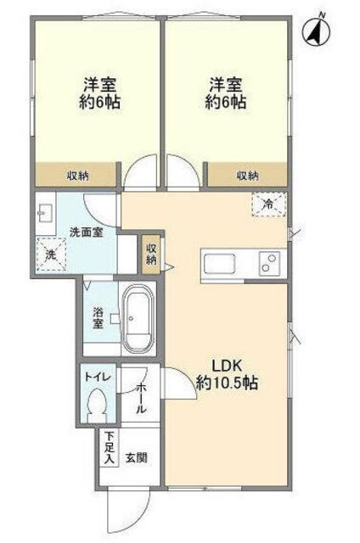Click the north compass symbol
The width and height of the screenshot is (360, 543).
click(x=316, y=31)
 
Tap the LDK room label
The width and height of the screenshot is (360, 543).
click(x=227, y=374)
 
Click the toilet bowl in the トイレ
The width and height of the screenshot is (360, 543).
click(x=96, y=406)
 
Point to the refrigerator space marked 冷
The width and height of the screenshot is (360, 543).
click(x=269, y=204)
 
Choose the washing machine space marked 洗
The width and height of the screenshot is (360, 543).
click(x=51, y=255)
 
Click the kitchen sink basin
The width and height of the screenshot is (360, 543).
click(x=219, y=264)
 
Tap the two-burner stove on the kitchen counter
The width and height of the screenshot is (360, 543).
click(x=269, y=263)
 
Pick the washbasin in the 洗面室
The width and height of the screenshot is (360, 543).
click(x=45, y=213)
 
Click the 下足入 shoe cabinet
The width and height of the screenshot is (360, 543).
click(x=110, y=448)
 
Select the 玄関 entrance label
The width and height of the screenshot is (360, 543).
click(x=137, y=458)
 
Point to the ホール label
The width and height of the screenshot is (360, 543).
click(x=141, y=398)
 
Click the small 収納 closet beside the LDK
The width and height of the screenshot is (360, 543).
click(x=151, y=255)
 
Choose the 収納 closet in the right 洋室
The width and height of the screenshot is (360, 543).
click(x=247, y=176)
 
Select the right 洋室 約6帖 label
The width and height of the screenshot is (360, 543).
click(x=226, y=93)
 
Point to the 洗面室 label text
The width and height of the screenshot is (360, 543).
click(x=87, y=232)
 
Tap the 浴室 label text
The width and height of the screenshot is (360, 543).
click(x=98, y=318)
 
